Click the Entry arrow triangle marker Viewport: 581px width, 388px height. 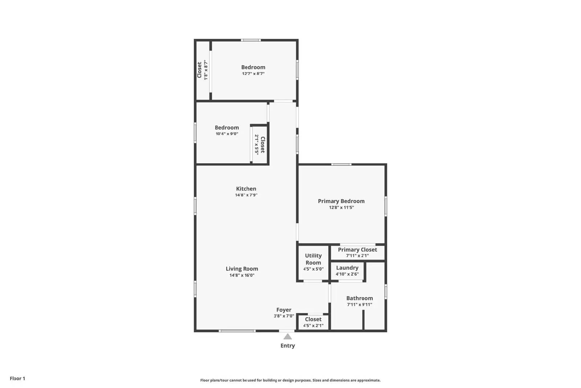click(288, 337)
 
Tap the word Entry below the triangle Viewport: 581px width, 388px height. click(288, 346)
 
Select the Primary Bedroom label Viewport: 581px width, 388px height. click(341, 201)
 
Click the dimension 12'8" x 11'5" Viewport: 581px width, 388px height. click(341, 208)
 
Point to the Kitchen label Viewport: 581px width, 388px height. click(246, 189)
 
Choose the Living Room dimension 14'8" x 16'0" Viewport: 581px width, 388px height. click(242, 275)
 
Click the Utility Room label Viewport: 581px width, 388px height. click(313, 259)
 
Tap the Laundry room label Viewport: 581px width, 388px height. click(347, 268)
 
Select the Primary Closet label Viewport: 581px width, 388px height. click(357, 249)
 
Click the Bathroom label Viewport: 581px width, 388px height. click(359, 298)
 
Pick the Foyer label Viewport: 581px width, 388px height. click(284, 310)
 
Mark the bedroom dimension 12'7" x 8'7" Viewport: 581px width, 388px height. click(253, 73)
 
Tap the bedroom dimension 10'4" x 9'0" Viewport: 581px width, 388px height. click(227, 134)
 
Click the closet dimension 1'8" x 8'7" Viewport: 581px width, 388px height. click(206, 70)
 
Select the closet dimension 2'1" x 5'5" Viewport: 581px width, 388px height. click(256, 145)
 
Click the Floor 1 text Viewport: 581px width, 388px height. click(17, 379)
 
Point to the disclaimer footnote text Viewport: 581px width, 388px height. click(290, 380)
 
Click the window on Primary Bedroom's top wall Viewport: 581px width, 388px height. click(341, 164)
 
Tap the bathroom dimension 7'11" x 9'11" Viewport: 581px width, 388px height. click(359, 305)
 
